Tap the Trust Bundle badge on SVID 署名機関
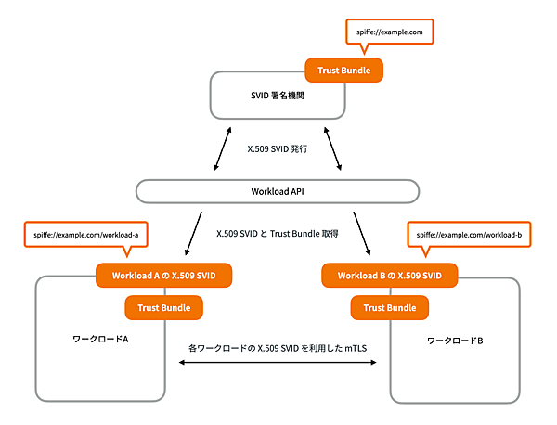pyautogui.click(x=344, y=70)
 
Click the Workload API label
pyautogui.click(x=278, y=191)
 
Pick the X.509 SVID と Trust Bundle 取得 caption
pyautogui.click(x=278, y=235)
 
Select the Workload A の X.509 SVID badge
pyautogui.click(x=163, y=275)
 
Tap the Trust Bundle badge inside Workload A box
pyautogui.click(x=164, y=307)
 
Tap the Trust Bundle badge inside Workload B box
pyautogui.click(x=390, y=307)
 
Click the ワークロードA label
pyautogui.click(x=100, y=340)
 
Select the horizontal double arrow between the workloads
pyautogui.click(x=277, y=363)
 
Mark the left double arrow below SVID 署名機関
pyautogui.click(x=223, y=148)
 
